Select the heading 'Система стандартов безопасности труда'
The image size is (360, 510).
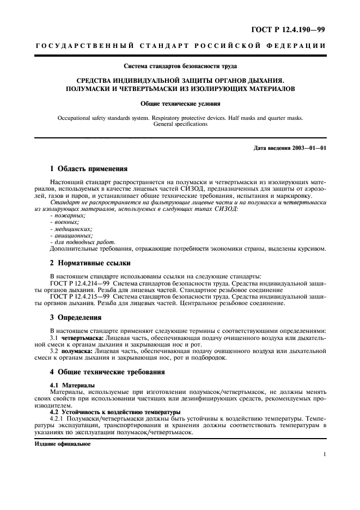pyautogui.click(x=180, y=67)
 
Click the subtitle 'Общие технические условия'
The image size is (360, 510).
pyautogui.click(x=180, y=102)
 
